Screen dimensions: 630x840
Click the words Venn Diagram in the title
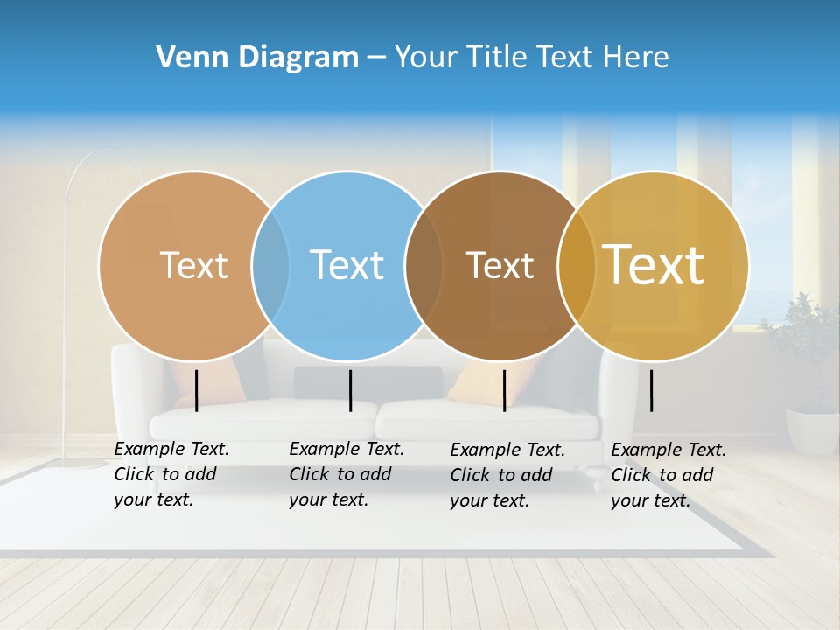[x=257, y=58]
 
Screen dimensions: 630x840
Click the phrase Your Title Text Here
[x=531, y=58]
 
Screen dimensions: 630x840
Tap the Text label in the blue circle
[x=346, y=265]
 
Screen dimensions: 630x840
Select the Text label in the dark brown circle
[x=500, y=265]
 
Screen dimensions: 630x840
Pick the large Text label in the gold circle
[x=654, y=264]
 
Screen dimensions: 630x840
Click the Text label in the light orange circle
[x=193, y=265]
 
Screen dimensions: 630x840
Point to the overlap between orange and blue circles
[x=270, y=266]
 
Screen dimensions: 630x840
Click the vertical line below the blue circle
[x=350, y=390]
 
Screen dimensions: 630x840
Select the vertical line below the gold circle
[x=652, y=390]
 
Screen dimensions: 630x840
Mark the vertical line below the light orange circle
[x=197, y=390]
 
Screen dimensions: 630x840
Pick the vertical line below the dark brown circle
[x=504, y=390]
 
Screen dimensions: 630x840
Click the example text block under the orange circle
[x=171, y=474]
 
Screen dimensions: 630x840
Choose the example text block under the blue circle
[x=346, y=474]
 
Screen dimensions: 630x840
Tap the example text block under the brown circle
[x=507, y=475]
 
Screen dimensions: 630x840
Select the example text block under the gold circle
[x=668, y=475]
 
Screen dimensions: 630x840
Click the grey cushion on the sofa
[x=367, y=381]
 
